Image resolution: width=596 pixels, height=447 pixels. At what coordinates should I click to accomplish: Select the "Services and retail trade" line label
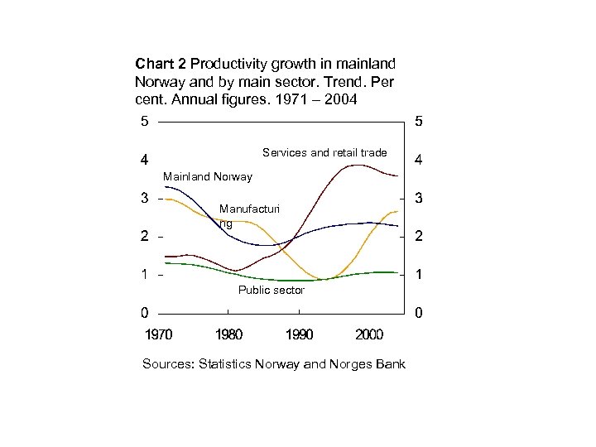(324, 152)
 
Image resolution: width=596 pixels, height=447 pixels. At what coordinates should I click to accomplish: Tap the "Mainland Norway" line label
(208, 176)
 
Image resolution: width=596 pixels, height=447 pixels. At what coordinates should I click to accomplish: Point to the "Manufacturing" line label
(249, 216)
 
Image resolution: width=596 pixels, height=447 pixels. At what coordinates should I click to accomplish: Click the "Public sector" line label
(271, 291)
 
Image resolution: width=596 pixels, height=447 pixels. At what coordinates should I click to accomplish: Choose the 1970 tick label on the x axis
(160, 335)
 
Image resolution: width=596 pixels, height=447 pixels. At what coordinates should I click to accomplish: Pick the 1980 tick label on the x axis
(228, 335)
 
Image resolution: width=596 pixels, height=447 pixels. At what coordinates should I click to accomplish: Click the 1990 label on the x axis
(299, 335)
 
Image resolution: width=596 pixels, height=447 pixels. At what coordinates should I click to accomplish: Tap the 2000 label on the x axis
(368, 335)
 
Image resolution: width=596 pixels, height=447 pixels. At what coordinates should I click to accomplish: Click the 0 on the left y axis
(145, 313)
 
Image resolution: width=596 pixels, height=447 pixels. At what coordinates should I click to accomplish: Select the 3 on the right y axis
(419, 199)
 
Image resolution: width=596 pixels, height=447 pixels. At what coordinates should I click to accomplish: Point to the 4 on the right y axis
(419, 161)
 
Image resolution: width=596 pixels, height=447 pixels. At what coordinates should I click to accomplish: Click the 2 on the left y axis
(145, 237)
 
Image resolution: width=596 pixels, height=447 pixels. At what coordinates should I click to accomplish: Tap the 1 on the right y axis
(419, 275)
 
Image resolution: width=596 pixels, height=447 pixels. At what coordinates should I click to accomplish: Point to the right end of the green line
(398, 272)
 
